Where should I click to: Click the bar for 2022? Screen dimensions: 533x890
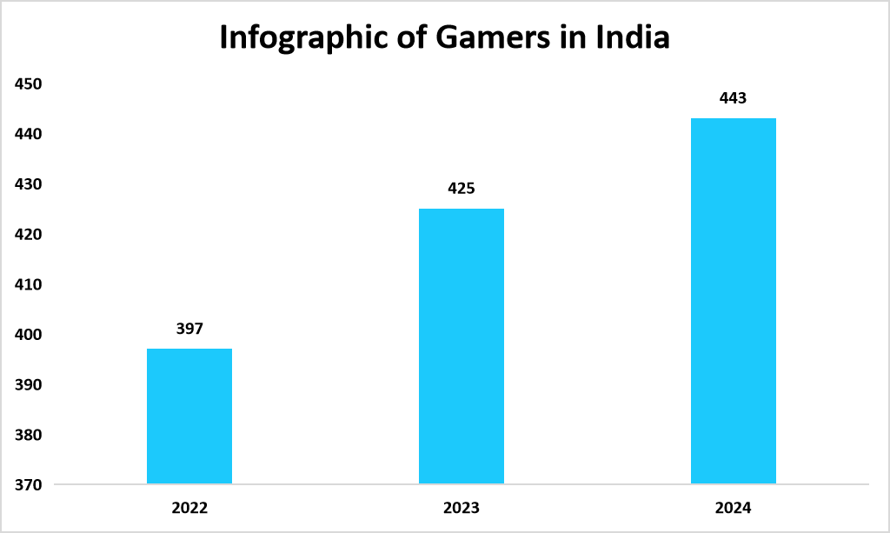click(189, 416)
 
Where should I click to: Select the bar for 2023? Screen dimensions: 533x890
click(462, 346)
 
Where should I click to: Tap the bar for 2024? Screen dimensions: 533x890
click(734, 301)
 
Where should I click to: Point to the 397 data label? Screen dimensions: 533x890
click(189, 329)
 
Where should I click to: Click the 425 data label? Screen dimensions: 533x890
click(462, 188)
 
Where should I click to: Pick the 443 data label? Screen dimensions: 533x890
click(734, 98)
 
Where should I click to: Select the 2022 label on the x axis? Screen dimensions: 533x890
click(189, 508)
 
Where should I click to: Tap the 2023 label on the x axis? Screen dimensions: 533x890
click(462, 508)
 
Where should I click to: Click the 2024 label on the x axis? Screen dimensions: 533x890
click(734, 508)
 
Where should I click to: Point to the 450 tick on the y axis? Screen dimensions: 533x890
click(29, 84)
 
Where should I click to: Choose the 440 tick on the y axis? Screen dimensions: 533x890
click(29, 135)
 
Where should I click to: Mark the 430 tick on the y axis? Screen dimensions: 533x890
click(29, 184)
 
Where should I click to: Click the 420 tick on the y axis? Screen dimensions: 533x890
click(29, 235)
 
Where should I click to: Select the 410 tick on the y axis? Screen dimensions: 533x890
click(29, 284)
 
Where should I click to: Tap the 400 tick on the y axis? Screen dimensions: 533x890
click(29, 335)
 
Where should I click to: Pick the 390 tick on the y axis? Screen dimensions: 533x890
click(29, 384)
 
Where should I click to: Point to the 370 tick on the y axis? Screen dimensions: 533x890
click(29, 484)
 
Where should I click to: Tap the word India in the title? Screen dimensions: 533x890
click(632, 39)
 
